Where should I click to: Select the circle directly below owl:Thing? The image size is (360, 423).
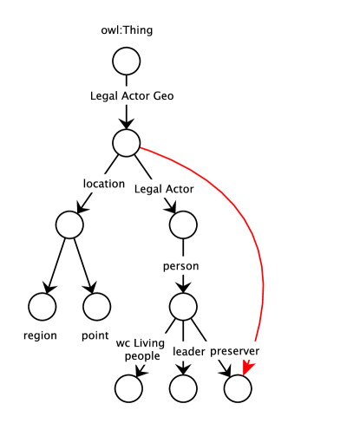[126, 61]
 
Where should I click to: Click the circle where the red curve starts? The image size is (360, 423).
[126, 141]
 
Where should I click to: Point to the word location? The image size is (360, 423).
[104, 184]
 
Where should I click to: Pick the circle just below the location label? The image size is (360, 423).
[69, 225]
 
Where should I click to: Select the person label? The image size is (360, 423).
[182, 266]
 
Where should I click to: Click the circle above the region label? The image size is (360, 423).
[42, 305]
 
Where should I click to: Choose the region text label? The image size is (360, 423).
[41, 335]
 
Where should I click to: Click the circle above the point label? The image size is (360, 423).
[97, 305]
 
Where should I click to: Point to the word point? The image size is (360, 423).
[95, 335]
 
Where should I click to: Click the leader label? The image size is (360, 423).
[188, 351]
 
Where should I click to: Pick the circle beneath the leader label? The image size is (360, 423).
[182, 389]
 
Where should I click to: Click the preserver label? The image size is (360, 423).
[234, 351]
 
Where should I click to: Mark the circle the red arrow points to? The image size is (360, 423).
[237, 389]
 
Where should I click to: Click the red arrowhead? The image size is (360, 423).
[248, 370]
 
